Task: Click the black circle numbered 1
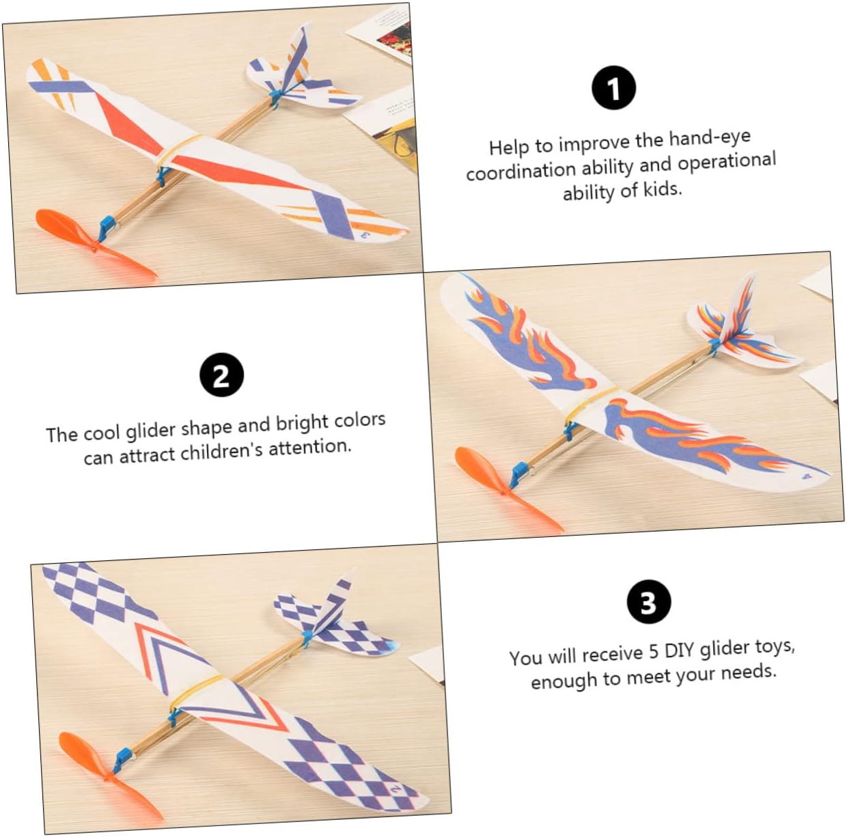(613, 88)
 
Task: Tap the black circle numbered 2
(221, 374)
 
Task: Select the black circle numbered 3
(649, 602)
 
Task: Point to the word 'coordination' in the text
(521, 171)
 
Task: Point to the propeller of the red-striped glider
(92, 245)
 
